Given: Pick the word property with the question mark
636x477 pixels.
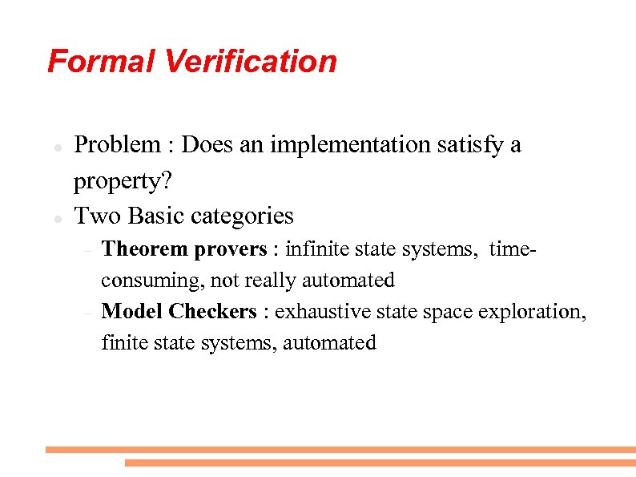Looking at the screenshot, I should pyautogui.click(x=123, y=182).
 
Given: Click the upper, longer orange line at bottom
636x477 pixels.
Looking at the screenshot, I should pyautogui.click(x=340, y=450).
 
